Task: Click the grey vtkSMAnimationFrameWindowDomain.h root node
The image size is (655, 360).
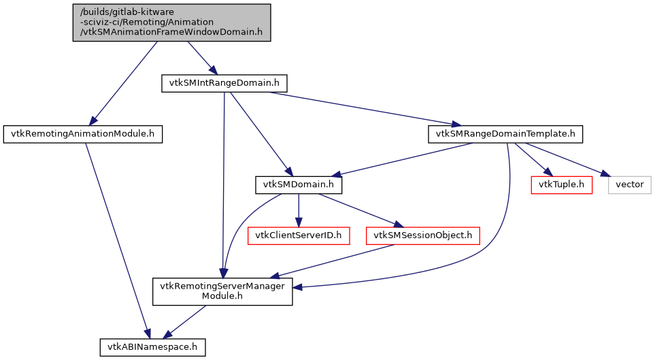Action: (172, 22)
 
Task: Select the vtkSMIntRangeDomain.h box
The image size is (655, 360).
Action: (224, 84)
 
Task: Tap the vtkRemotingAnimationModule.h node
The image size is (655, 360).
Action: (83, 134)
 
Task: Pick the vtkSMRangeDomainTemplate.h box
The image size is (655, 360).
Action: (505, 134)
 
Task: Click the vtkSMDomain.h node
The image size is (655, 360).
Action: (299, 184)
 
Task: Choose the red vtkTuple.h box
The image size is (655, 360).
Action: (561, 184)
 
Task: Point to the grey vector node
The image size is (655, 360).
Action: (629, 184)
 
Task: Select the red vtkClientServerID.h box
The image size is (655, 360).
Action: (299, 235)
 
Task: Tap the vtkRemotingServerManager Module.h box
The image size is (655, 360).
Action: (222, 291)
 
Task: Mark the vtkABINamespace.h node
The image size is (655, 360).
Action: (152, 347)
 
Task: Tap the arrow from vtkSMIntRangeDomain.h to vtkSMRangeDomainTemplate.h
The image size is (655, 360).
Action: (360, 108)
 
